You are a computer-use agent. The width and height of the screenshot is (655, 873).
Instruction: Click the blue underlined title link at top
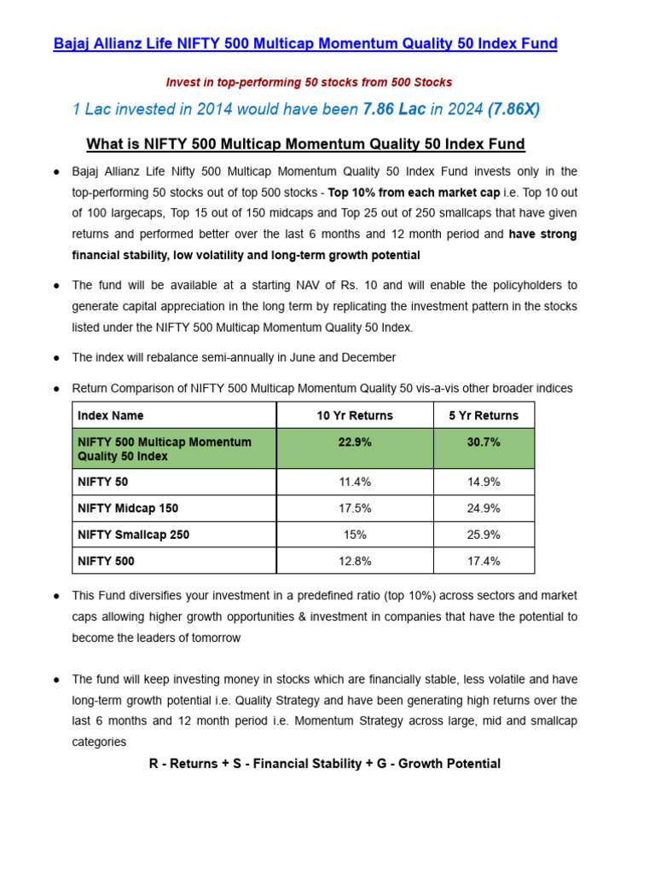(305, 43)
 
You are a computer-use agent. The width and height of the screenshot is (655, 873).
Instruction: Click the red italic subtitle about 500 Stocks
(309, 83)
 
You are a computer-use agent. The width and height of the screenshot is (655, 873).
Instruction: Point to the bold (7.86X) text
(513, 109)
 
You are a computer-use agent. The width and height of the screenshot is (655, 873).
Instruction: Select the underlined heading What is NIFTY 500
(305, 143)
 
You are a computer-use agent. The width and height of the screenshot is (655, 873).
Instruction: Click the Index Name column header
(111, 415)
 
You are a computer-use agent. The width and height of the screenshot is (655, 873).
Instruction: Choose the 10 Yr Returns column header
(355, 415)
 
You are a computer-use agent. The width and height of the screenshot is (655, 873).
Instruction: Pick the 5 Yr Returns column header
(484, 415)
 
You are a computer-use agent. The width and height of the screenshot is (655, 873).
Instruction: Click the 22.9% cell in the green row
(355, 442)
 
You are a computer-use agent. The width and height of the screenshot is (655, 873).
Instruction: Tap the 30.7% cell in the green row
(484, 442)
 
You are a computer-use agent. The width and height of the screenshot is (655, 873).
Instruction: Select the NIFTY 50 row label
(103, 482)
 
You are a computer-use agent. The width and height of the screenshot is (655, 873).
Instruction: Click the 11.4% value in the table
(355, 482)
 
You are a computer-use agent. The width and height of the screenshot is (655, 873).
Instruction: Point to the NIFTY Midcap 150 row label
(128, 508)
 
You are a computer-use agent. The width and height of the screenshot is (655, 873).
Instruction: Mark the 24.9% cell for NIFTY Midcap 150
(484, 508)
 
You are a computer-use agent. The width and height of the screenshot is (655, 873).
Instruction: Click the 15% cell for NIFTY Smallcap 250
(355, 535)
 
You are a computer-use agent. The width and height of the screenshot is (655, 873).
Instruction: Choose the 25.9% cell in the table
(484, 535)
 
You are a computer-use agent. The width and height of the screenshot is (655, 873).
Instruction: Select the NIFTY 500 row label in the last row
(106, 561)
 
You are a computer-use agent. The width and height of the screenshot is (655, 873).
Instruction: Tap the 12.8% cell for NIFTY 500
(355, 561)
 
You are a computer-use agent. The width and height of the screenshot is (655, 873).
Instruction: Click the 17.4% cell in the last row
(484, 561)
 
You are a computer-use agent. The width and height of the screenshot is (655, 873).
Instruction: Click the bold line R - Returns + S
(324, 764)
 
